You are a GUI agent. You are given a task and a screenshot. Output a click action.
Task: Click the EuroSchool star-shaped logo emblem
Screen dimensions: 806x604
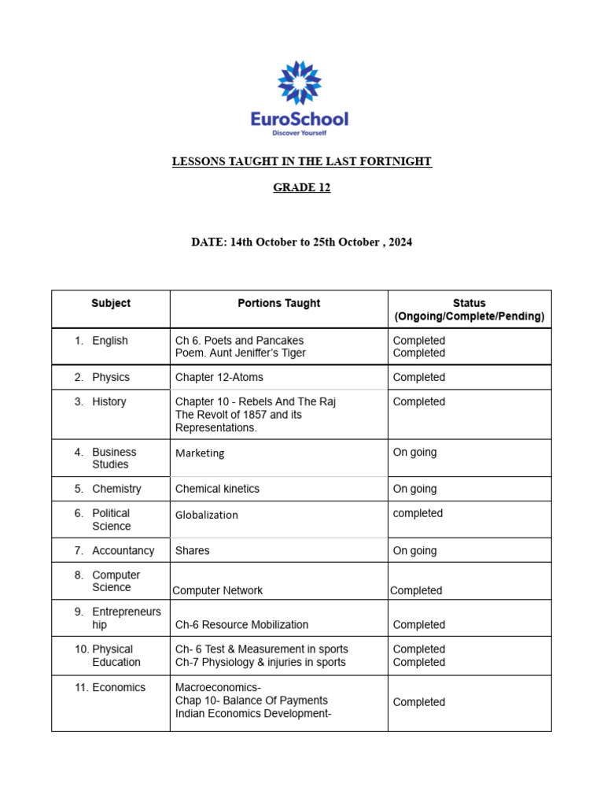pos(300,83)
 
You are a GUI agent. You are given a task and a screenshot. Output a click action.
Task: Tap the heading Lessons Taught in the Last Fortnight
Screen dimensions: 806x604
pos(302,161)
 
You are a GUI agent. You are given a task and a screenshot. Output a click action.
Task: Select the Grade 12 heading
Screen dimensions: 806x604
pos(302,187)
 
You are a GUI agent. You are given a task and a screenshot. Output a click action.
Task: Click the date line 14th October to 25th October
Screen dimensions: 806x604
pos(302,242)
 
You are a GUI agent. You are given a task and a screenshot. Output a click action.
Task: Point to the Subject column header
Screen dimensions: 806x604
pos(111,303)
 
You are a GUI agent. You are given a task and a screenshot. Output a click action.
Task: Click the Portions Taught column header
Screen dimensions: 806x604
pos(279,303)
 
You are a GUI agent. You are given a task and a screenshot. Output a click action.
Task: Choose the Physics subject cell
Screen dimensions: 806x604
pos(110,377)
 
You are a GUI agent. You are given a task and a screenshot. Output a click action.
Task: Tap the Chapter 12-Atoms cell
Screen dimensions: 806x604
pos(215,377)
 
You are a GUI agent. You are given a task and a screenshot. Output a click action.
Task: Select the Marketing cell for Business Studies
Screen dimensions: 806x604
pos(200,453)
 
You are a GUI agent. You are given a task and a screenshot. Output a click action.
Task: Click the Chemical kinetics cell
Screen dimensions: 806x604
pos(217,489)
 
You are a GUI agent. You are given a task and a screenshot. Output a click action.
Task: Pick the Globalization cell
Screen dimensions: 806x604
pos(207,515)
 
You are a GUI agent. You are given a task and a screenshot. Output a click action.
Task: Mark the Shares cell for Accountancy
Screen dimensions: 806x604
pos(193,551)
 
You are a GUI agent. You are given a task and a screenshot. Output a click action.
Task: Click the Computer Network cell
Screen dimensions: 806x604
pos(218,590)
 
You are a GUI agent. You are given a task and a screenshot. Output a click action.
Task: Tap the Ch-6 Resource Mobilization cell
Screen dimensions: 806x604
pos(241,625)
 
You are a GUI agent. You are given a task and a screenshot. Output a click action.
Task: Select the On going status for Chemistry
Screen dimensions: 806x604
pos(414,489)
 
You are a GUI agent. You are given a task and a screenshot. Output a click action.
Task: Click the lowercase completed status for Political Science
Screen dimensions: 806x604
pos(418,513)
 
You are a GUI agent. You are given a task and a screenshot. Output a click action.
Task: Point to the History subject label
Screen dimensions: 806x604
pos(109,401)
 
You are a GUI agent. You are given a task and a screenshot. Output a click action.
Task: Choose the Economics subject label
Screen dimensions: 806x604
pos(118,687)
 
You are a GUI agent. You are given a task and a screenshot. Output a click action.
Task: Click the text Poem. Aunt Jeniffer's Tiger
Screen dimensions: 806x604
pos(240,353)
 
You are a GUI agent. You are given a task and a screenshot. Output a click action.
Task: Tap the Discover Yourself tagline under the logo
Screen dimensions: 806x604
pos(299,134)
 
